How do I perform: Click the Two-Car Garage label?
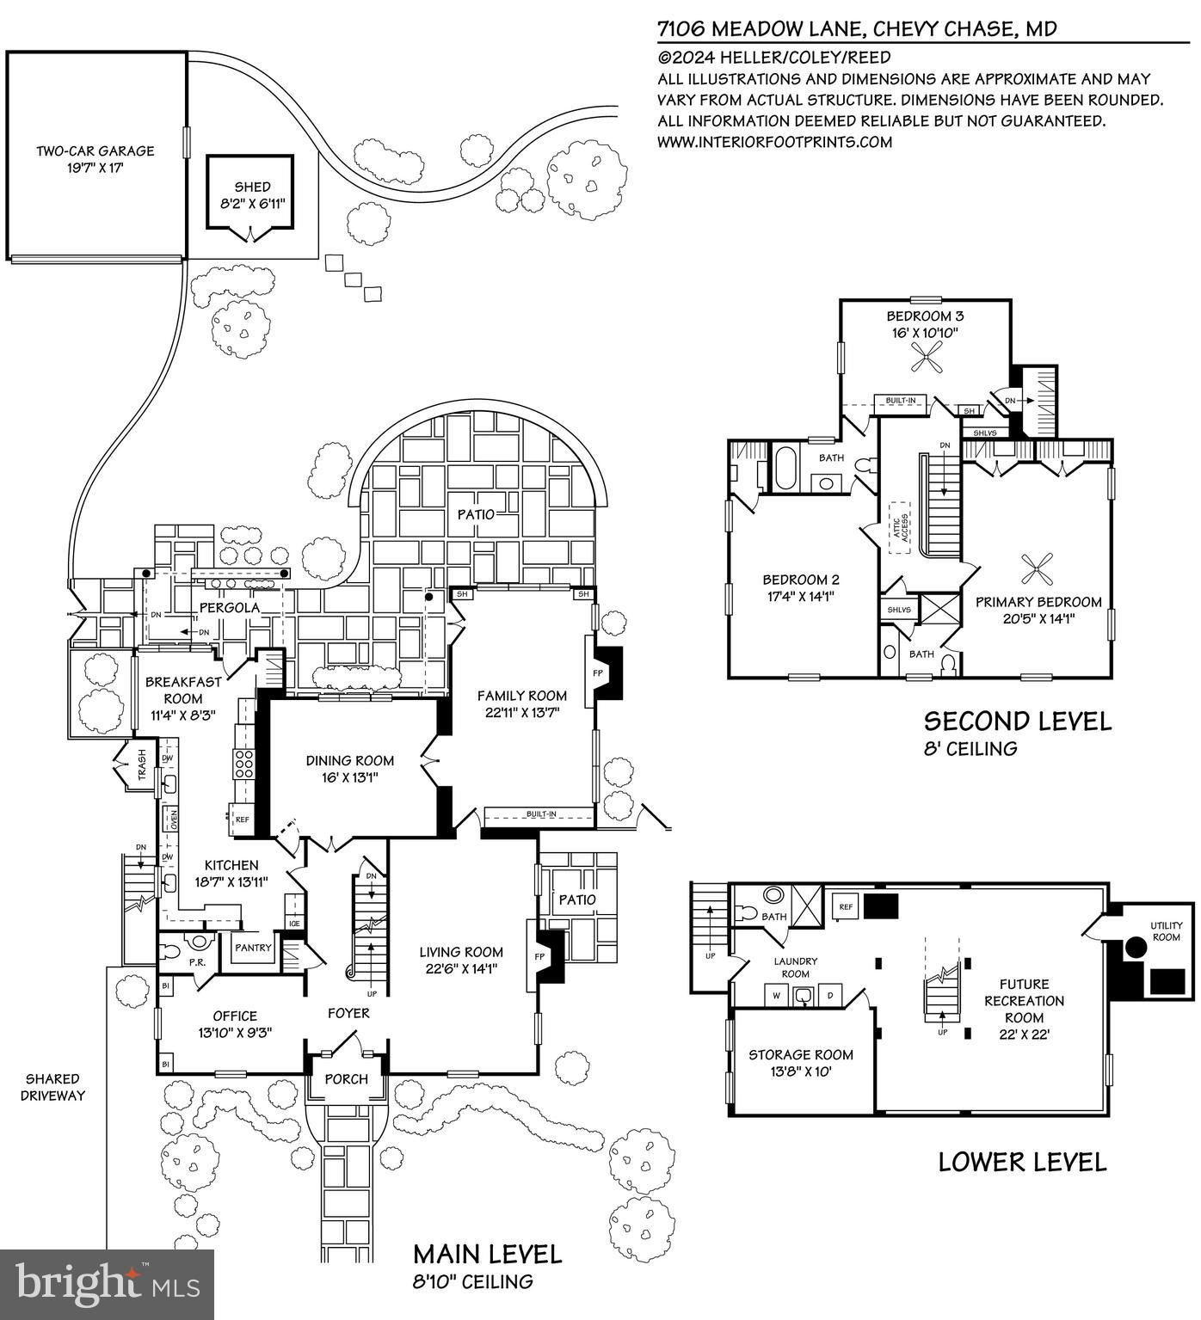pyautogui.click(x=95, y=151)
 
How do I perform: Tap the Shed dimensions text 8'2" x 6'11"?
pyautogui.click(x=252, y=204)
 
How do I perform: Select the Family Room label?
pyautogui.click(x=522, y=695)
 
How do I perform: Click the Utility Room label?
pyautogui.click(x=1166, y=931)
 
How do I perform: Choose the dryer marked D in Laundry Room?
pyautogui.click(x=830, y=996)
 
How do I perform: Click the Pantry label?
pyautogui.click(x=253, y=948)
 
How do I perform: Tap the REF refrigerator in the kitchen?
pyautogui.click(x=242, y=820)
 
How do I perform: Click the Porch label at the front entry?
pyautogui.click(x=347, y=1078)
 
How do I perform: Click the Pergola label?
pyautogui.click(x=230, y=608)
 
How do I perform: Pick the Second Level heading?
pyautogui.click(x=1017, y=721)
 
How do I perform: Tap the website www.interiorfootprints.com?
pyautogui.click(x=774, y=142)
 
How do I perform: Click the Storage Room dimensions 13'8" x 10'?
pyautogui.click(x=800, y=1071)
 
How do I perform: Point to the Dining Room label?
pyautogui.click(x=350, y=760)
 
